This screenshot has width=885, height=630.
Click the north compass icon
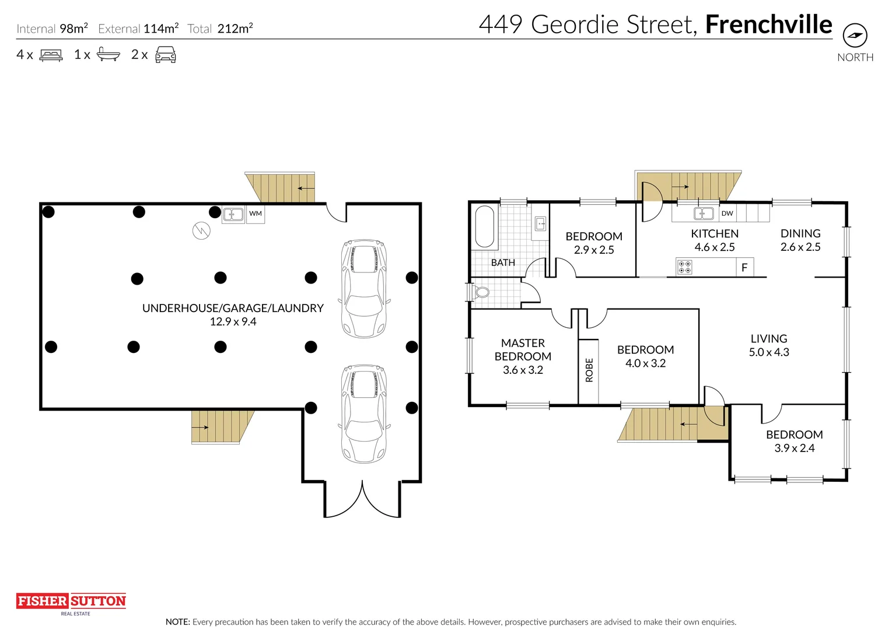(855, 36)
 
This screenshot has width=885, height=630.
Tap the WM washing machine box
(256, 214)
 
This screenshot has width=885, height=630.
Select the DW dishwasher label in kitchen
(727, 213)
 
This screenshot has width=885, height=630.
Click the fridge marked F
(744, 268)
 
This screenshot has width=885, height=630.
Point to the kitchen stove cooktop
(684, 268)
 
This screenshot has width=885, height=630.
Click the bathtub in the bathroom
(484, 226)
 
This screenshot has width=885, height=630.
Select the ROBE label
(589, 370)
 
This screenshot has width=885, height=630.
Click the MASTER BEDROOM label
(523, 349)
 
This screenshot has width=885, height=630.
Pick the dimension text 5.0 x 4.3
(769, 352)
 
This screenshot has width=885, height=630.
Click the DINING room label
(800, 233)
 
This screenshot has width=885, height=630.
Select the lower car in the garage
(364, 414)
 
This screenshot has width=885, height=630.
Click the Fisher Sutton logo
(71, 601)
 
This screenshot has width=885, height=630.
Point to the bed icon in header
(51, 55)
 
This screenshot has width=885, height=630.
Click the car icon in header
(166, 55)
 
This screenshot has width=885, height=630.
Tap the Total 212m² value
(235, 29)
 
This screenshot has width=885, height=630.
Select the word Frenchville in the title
(768, 24)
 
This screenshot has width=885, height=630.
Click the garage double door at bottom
(362, 499)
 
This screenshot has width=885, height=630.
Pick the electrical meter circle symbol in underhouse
(201, 231)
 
